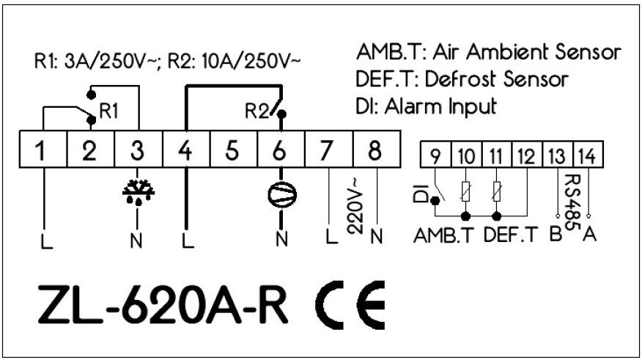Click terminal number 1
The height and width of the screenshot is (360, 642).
42,152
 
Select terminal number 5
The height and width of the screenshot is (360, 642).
232,152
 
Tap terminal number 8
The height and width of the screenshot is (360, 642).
374,152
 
